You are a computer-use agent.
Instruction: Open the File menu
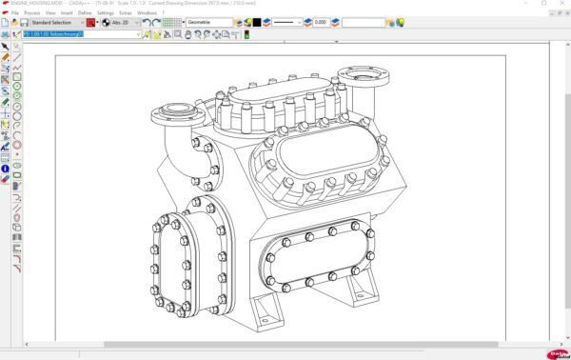(x=15, y=12)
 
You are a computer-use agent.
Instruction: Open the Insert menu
(x=67, y=12)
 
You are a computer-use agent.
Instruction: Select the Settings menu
(x=105, y=12)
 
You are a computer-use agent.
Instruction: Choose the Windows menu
(x=146, y=12)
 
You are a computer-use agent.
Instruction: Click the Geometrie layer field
(x=208, y=22)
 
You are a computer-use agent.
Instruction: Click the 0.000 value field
(x=320, y=22)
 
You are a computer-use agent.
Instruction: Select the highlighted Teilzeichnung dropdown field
(x=81, y=34)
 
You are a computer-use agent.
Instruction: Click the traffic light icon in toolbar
(x=246, y=34)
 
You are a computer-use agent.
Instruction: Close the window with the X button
(x=561, y=4)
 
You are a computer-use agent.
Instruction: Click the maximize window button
(x=543, y=4)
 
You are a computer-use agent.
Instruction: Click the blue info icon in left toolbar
(x=6, y=169)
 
